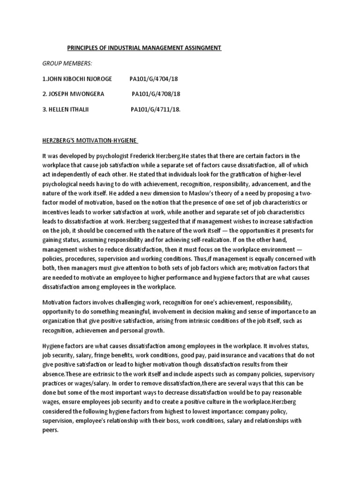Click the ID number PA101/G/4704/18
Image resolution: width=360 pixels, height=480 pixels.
154,79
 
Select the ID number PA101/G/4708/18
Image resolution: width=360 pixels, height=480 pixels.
156,94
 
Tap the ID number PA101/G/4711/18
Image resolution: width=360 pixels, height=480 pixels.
155,109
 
